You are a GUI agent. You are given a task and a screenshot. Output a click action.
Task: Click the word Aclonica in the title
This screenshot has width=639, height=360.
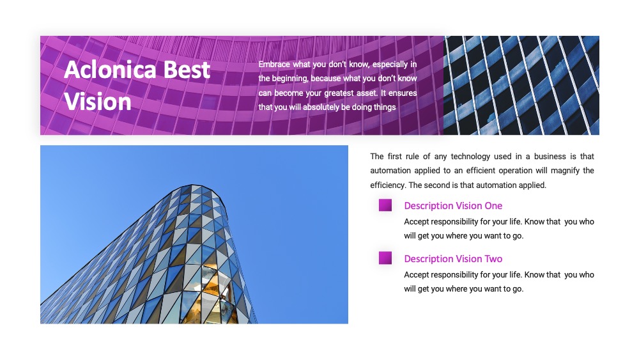[110, 69]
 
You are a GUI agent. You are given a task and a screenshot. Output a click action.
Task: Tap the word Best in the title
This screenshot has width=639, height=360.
[187, 69]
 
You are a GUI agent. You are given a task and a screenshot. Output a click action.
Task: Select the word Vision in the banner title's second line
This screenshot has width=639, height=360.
[98, 102]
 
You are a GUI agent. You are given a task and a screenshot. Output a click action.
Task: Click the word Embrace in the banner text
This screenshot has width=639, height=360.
[274, 64]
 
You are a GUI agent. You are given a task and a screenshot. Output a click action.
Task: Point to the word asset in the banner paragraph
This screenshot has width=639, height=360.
[366, 93]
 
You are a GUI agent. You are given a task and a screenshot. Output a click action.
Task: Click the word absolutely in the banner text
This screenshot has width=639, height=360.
[321, 107]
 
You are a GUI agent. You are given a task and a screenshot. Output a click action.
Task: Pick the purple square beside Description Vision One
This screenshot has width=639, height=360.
[385, 205]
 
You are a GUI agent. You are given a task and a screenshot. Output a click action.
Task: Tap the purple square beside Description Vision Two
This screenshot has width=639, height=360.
[385, 258]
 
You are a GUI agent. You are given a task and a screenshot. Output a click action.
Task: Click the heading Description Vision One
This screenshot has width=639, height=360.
[453, 206]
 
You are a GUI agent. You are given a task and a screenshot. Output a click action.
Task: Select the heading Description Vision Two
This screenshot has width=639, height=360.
[453, 259]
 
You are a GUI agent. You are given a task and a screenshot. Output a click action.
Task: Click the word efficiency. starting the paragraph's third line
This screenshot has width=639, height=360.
[388, 185]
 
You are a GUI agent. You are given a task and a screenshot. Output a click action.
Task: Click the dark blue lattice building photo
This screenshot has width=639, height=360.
[521, 85]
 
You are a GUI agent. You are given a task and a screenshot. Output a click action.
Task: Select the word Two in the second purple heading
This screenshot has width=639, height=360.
[493, 259]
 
